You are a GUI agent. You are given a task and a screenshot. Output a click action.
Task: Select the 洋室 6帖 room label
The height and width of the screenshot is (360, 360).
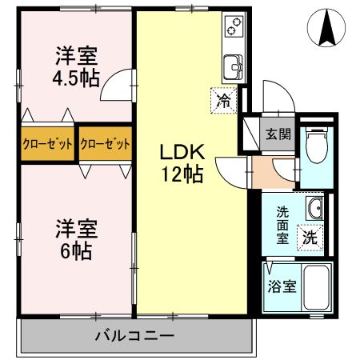[76, 238]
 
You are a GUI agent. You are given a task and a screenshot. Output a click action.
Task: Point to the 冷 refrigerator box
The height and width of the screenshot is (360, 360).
[225, 101]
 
